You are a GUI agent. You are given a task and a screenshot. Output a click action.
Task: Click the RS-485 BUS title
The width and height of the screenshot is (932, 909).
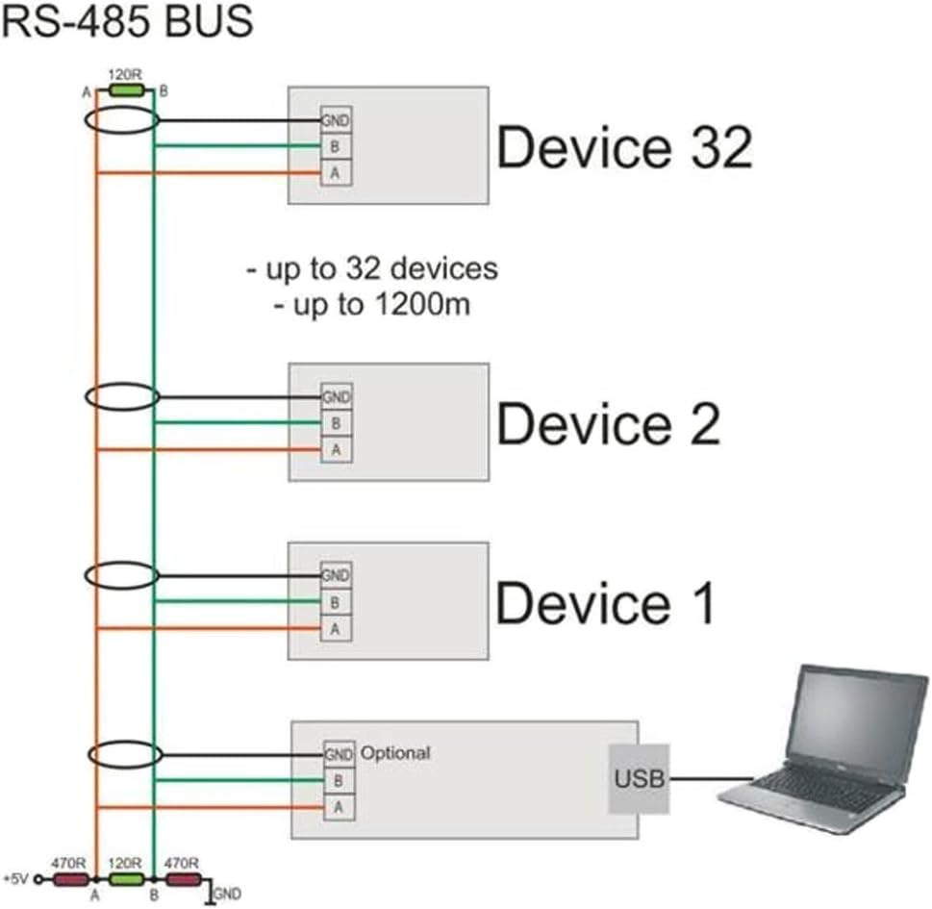[127, 22]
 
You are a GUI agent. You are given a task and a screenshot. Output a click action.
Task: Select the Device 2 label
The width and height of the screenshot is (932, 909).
[608, 423]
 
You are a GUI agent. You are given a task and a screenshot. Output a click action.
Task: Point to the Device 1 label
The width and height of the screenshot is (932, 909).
[605, 603]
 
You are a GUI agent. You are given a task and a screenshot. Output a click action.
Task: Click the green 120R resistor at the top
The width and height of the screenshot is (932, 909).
[125, 90]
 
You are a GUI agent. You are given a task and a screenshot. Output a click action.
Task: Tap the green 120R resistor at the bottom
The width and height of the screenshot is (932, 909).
[125, 878]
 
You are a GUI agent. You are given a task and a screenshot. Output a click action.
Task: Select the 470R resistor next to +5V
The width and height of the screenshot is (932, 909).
[70, 878]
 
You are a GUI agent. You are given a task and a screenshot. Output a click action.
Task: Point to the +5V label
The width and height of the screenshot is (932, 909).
[16, 879]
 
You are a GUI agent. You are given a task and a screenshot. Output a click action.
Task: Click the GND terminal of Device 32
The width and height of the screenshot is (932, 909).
[336, 121]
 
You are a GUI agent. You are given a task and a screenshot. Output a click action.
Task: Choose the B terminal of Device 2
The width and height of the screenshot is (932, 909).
[336, 422]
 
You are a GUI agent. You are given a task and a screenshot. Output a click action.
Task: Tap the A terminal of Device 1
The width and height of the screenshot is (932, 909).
[336, 628]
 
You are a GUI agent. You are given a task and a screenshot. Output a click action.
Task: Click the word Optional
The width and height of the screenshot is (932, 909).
[394, 752]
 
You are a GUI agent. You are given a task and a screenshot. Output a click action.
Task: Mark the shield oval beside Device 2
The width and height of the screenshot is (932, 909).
[122, 395]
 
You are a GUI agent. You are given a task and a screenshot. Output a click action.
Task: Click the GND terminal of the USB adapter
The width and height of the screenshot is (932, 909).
[338, 754]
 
